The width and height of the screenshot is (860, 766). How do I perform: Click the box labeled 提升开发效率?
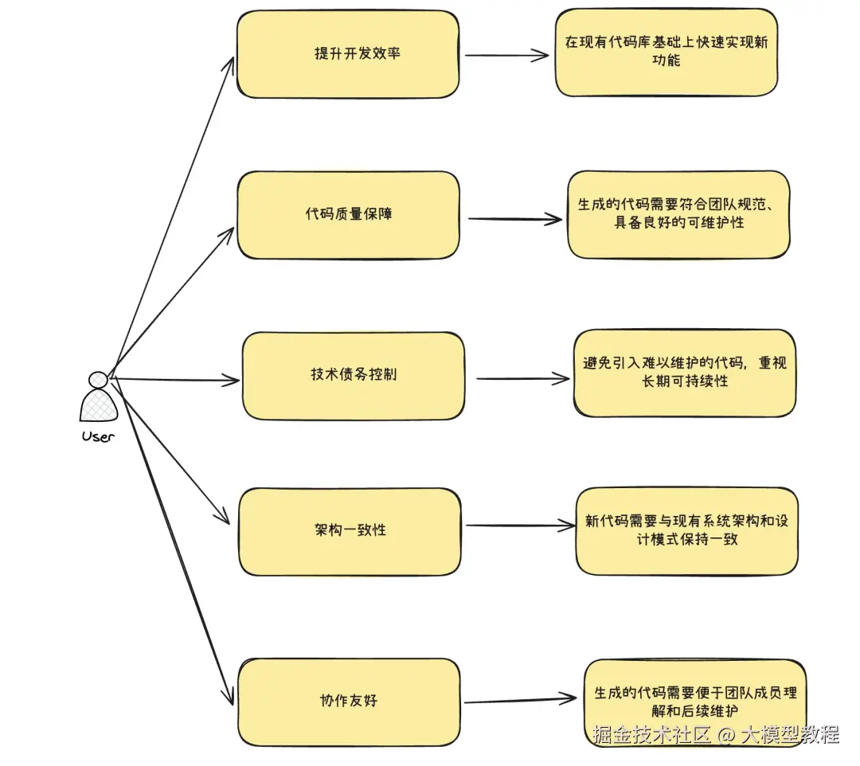click(x=348, y=55)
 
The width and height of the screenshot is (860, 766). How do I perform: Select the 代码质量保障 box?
click(x=349, y=215)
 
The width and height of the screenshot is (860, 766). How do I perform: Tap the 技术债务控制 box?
click(x=353, y=375)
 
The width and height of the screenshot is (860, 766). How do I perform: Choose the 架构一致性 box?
click(x=350, y=530)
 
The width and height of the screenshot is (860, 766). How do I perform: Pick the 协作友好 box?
click(x=349, y=702)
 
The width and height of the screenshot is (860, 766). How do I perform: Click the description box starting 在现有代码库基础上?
click(x=666, y=53)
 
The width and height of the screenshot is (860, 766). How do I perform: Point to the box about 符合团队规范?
click(x=678, y=214)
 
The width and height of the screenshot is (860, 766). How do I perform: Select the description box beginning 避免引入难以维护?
click(x=684, y=373)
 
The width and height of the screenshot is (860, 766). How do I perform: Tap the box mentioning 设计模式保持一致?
click(x=686, y=531)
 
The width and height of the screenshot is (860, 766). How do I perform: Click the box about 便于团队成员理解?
click(x=695, y=702)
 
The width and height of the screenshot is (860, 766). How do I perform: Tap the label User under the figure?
click(x=98, y=436)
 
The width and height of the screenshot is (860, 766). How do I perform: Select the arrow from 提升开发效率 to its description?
click(x=506, y=56)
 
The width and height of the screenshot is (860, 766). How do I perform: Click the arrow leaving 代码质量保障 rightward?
click(x=514, y=219)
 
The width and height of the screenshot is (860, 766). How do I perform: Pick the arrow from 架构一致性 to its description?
click(x=518, y=526)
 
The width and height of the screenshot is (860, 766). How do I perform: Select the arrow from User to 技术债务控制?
click(x=175, y=380)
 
